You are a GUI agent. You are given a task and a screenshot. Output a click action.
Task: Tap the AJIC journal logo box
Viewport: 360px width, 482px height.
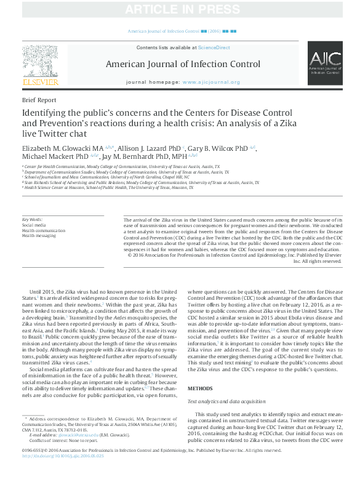(324, 63)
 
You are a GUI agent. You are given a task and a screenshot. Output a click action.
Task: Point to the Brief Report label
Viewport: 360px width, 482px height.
(39, 100)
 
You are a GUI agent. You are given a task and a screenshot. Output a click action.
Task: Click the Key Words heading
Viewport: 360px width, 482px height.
(32, 219)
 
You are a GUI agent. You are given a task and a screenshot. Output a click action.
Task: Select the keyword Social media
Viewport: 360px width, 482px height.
(34, 225)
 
